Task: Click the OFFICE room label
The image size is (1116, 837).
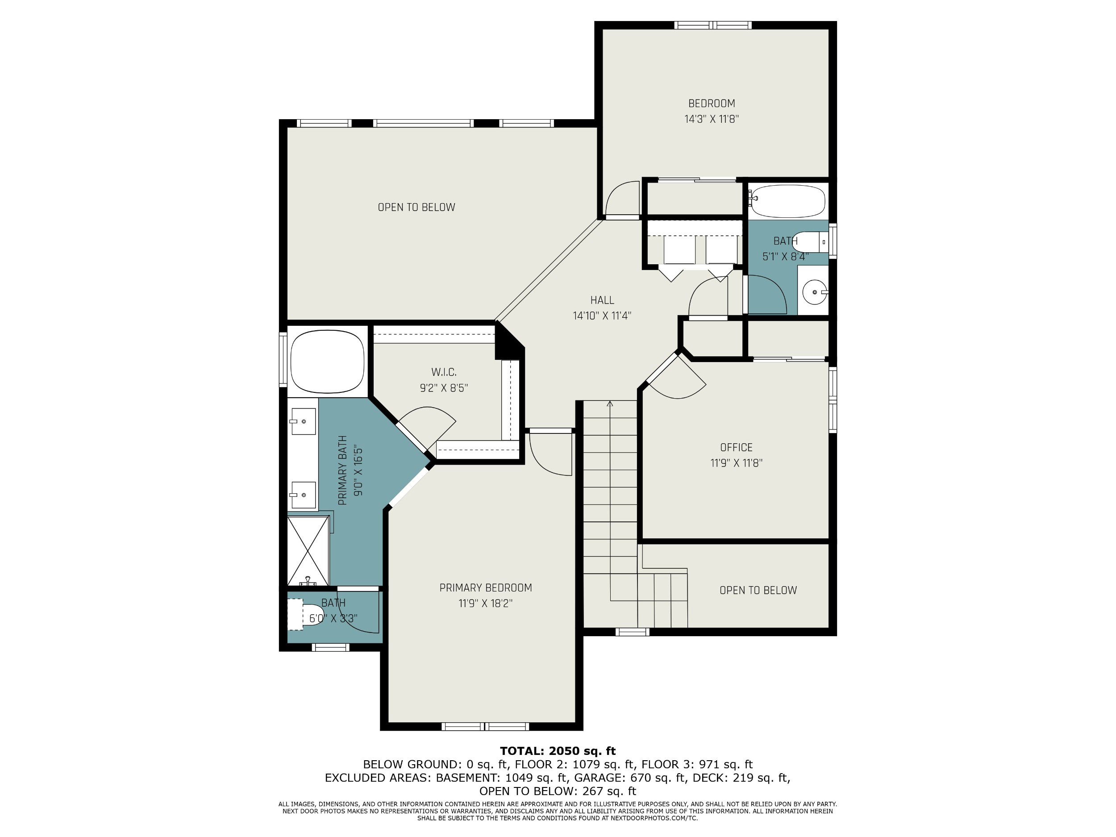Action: coord(736,447)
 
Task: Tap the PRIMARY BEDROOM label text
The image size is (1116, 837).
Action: coord(485,588)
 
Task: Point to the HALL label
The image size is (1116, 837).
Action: coord(602,300)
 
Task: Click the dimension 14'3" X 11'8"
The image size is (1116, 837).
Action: coord(712,119)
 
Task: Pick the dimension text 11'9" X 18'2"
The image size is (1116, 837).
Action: coord(485,604)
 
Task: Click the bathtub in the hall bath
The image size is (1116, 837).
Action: coord(787,201)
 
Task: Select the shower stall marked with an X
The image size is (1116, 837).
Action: coord(308,550)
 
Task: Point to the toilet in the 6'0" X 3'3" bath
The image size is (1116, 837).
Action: coord(306,615)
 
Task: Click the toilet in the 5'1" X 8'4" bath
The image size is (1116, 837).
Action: coord(810,242)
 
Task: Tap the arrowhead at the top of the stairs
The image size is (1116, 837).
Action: coord(610,403)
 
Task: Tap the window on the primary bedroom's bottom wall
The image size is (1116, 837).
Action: coord(485,726)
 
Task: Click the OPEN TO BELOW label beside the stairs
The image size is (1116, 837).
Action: coord(758,590)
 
